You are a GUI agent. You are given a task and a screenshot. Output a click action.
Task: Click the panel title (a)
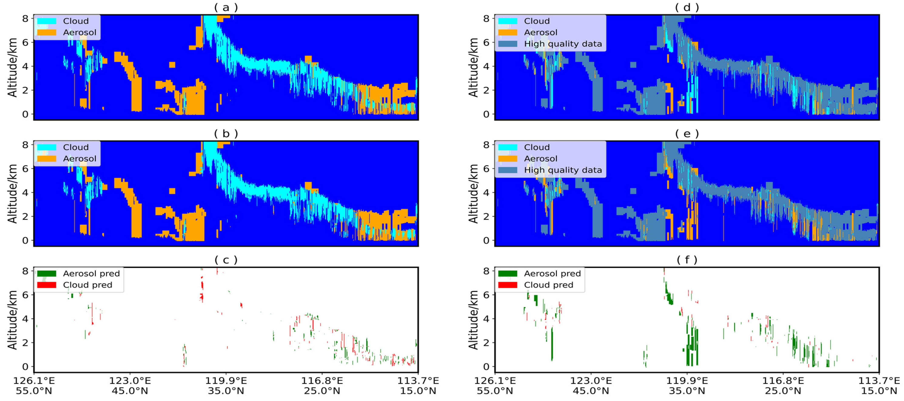[226, 7]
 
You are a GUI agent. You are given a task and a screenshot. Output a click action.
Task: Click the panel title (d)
[687, 7]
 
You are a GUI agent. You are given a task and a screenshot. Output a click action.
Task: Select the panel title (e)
[687, 134]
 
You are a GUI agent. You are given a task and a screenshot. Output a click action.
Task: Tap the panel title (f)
[687, 260]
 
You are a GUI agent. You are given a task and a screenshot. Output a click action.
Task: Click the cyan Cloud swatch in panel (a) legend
[46, 21]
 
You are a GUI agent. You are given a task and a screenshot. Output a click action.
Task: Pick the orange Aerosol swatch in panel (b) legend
[46, 159]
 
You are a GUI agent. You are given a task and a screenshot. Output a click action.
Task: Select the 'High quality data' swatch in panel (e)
[507, 170]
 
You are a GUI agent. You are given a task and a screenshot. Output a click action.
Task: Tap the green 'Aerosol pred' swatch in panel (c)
[46, 274]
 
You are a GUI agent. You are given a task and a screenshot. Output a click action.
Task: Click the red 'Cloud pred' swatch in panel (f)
[507, 285]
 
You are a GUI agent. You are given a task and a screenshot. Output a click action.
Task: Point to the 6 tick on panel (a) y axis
[25, 42]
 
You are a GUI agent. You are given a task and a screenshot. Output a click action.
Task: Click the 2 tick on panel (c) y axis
[25, 343]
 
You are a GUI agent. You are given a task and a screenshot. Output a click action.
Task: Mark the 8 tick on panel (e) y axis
[486, 145]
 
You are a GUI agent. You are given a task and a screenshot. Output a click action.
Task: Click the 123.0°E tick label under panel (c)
[130, 381]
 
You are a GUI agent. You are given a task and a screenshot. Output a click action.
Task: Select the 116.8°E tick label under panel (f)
[783, 381]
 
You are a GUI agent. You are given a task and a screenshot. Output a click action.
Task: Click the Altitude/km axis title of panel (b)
[13, 193]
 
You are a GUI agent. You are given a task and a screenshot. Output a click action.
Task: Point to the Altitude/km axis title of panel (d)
[473, 67]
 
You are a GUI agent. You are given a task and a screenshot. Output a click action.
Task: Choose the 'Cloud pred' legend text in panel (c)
[87, 285]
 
